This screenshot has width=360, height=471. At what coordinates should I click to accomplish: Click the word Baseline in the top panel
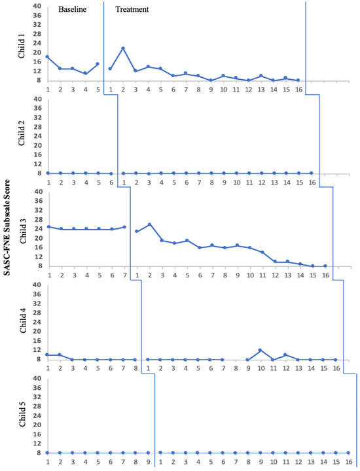(x=72, y=10)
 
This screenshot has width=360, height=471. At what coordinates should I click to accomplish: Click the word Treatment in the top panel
(x=132, y=10)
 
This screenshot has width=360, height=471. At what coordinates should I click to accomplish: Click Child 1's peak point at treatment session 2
(x=122, y=48)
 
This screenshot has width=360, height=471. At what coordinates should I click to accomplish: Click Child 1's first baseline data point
(x=47, y=57)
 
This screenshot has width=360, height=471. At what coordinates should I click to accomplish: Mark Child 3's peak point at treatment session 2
(x=150, y=224)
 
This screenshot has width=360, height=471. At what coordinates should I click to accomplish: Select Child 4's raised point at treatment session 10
(x=261, y=350)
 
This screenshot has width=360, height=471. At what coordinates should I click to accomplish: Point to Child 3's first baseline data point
(x=48, y=226)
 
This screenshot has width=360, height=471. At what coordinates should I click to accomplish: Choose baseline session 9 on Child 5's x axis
(x=147, y=462)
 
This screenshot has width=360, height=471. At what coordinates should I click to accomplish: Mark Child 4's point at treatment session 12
(x=285, y=355)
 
